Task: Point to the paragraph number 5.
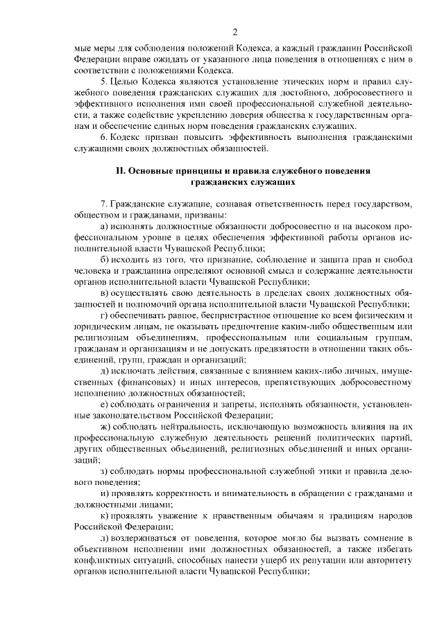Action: point(103,82)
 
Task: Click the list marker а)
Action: point(105,226)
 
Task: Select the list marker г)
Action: point(104,315)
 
